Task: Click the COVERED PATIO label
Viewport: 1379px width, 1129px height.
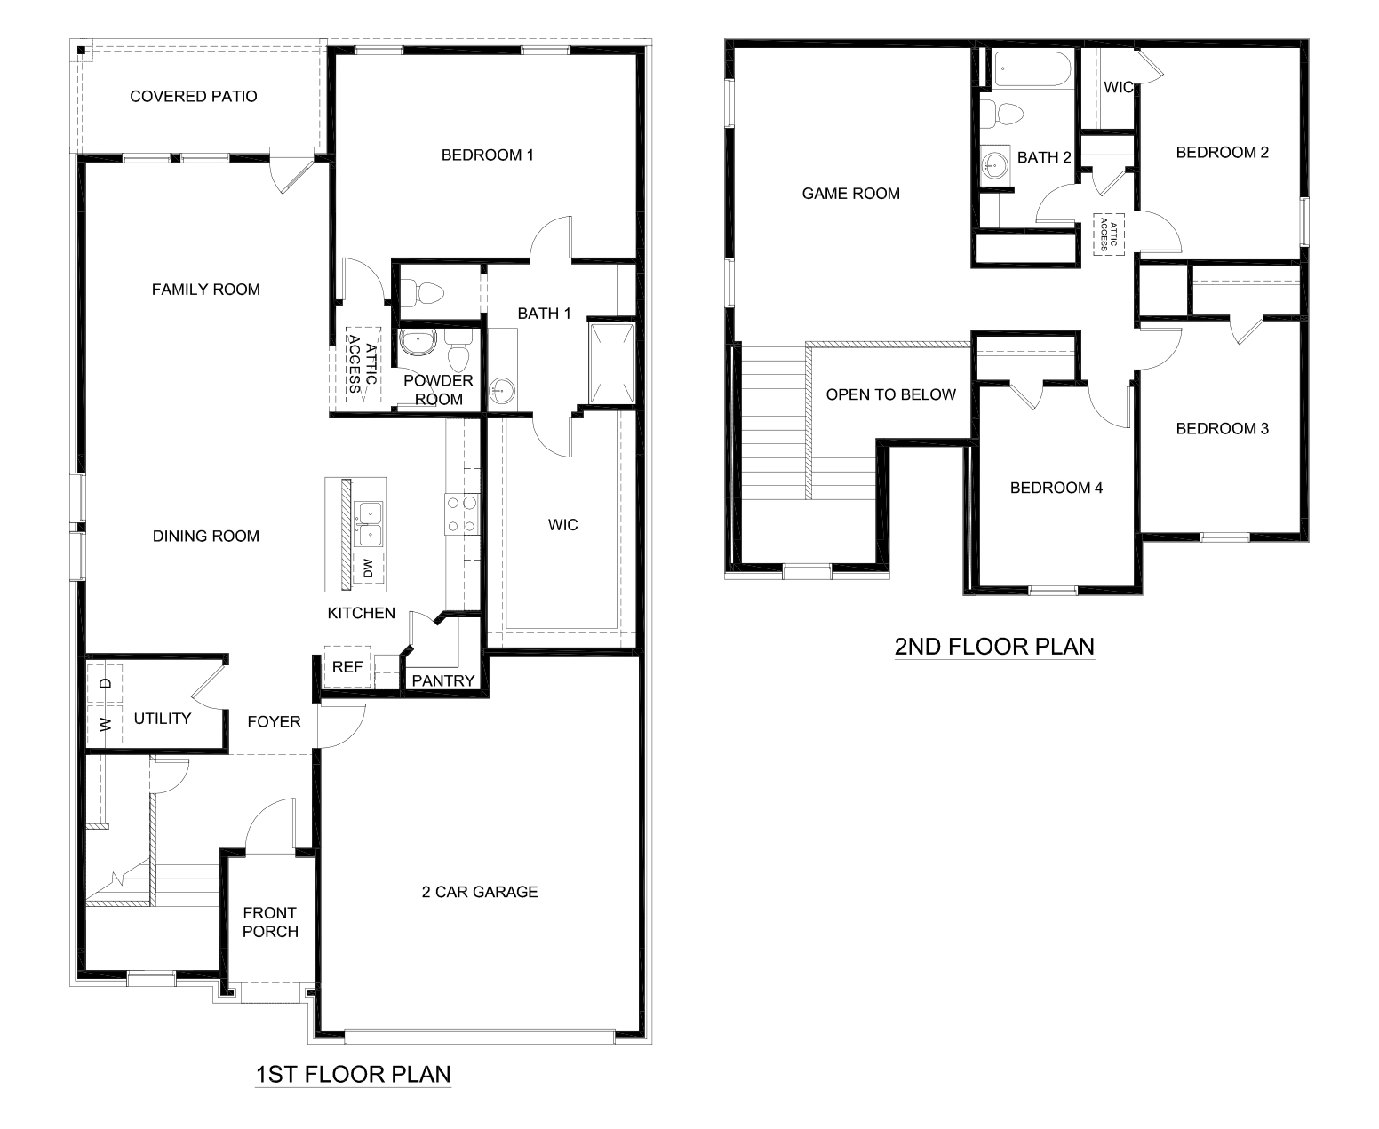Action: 193,96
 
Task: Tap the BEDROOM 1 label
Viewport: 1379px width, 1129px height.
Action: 487,155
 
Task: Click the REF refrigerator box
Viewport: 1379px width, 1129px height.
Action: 347,666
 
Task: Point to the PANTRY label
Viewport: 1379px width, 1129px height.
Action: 443,681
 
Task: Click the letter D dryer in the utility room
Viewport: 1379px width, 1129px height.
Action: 106,683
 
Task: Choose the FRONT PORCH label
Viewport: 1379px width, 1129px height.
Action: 269,922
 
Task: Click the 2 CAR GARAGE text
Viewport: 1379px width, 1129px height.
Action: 480,892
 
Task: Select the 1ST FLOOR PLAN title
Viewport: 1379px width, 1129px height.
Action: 353,1075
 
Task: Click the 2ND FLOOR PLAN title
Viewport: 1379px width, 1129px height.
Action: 993,646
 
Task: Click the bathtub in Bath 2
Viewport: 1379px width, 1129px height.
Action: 1032,69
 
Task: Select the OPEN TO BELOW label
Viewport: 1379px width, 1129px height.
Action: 890,394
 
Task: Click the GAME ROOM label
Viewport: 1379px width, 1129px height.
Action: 850,193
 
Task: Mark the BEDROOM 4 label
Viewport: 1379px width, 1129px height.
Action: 1056,488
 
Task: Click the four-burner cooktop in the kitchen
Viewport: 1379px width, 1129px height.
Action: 460,514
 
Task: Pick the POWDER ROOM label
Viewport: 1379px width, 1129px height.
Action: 438,390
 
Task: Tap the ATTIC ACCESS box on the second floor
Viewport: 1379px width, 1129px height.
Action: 1108,235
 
